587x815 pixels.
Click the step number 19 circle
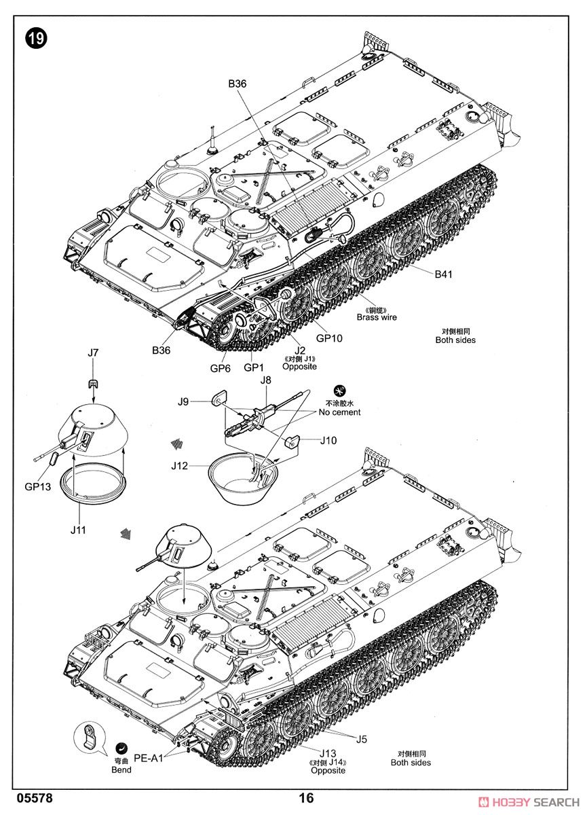tap(36, 39)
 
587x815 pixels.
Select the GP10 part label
tap(329, 338)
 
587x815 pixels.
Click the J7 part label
tap(93, 352)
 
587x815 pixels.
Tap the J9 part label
tap(183, 401)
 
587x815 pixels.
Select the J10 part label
tap(328, 441)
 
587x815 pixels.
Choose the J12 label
tap(180, 465)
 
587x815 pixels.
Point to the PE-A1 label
tap(149, 759)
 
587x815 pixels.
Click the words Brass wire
tap(377, 317)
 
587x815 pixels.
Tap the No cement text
tap(339, 412)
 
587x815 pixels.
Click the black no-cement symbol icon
tap(340, 391)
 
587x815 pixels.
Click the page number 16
tap(306, 799)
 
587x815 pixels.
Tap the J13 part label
tap(328, 753)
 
